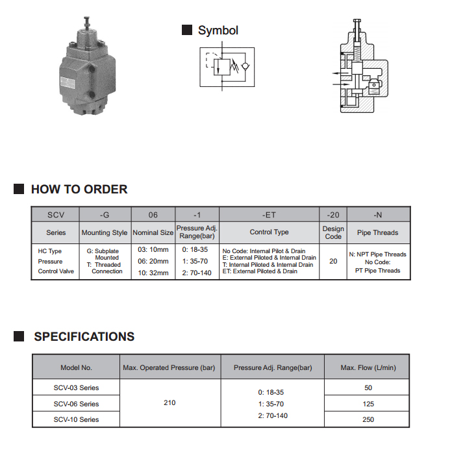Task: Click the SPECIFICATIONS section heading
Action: (x=84, y=336)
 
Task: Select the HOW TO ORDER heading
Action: (x=79, y=189)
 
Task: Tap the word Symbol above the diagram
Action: (x=218, y=31)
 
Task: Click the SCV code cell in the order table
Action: (x=56, y=214)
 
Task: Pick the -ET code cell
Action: (x=269, y=214)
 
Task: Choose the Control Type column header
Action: (x=269, y=232)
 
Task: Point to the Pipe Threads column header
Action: (x=378, y=232)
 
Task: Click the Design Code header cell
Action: (x=333, y=232)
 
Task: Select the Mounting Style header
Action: (x=105, y=232)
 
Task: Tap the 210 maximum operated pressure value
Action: (x=169, y=402)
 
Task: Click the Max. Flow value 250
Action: (x=368, y=419)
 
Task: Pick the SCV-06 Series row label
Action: (x=77, y=404)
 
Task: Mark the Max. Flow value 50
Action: (x=368, y=388)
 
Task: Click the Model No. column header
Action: (x=77, y=367)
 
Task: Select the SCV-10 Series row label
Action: (x=77, y=419)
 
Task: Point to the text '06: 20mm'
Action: (x=153, y=261)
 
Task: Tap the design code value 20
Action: (x=333, y=261)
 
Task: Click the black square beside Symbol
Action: (x=187, y=30)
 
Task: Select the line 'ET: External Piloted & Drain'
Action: (x=260, y=271)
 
